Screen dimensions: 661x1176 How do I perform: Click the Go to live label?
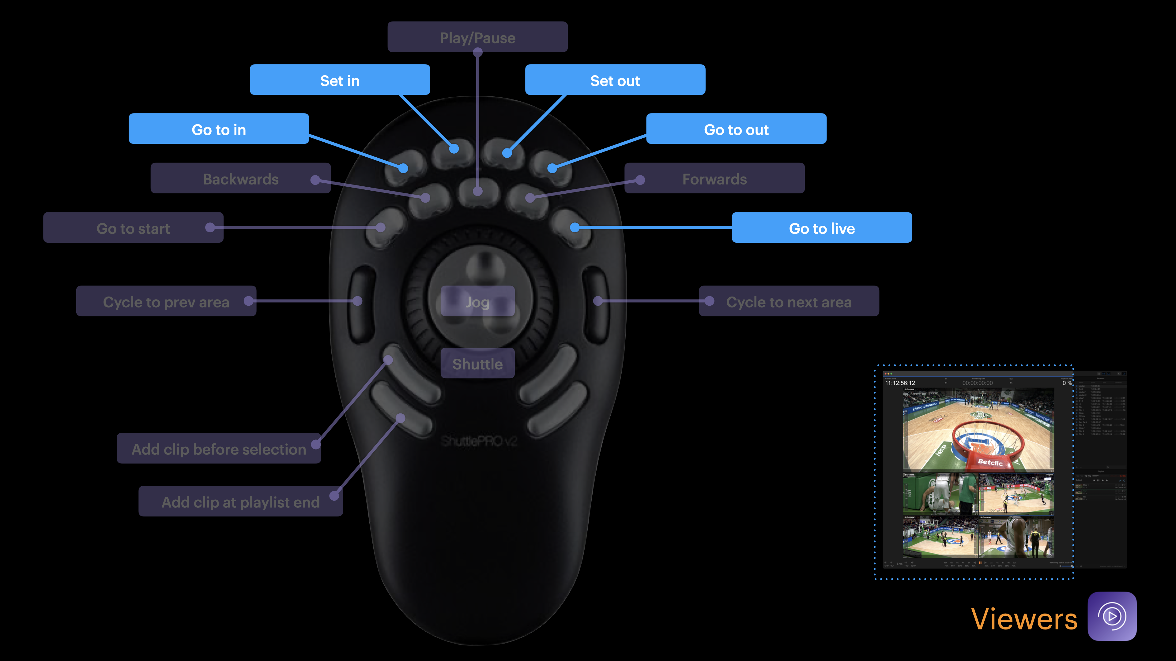point(822,228)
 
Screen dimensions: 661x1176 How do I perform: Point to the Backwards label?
point(241,178)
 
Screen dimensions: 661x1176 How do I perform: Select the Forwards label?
point(714,178)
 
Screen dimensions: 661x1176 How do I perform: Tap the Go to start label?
point(133,228)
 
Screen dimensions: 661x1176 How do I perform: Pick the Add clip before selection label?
point(219,449)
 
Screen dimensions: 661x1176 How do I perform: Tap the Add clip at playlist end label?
point(241,502)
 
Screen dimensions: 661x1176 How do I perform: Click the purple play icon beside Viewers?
point(1112,616)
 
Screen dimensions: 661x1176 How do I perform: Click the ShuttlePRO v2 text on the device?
point(478,441)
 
